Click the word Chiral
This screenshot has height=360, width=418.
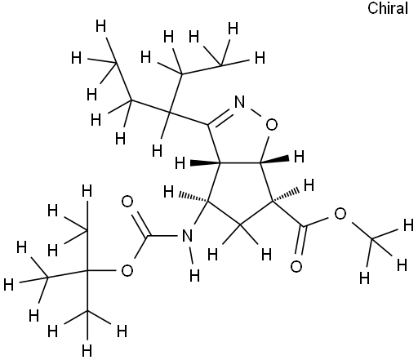[x=388, y=8]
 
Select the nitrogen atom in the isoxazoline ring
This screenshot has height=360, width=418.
[x=239, y=102]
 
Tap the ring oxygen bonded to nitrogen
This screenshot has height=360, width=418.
[x=271, y=125]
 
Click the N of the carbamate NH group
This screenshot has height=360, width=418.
[x=187, y=235]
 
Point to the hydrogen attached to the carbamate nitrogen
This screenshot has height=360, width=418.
[x=194, y=275]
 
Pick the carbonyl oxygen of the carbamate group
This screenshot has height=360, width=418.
[x=127, y=202]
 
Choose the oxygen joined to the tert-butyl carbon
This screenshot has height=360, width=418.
[x=127, y=271]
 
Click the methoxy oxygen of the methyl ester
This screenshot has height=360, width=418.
[x=340, y=214]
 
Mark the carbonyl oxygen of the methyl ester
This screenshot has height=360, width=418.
[x=296, y=266]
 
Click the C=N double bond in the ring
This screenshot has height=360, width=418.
[x=220, y=118]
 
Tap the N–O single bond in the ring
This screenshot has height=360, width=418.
[x=256, y=113]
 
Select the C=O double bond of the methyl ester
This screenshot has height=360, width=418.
[x=300, y=240]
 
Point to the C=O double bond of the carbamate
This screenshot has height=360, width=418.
[x=140, y=224]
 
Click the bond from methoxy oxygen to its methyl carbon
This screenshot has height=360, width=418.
[x=362, y=231]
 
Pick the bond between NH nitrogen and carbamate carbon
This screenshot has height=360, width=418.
[x=165, y=235]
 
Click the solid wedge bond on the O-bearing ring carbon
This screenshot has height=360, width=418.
[x=274, y=160]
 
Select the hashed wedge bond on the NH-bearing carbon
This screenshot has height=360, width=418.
[x=193, y=198]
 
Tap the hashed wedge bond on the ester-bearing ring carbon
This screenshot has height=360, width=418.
[x=286, y=195]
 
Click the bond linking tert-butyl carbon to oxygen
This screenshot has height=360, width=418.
[x=101, y=271]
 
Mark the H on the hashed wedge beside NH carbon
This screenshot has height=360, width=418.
[x=169, y=192]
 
